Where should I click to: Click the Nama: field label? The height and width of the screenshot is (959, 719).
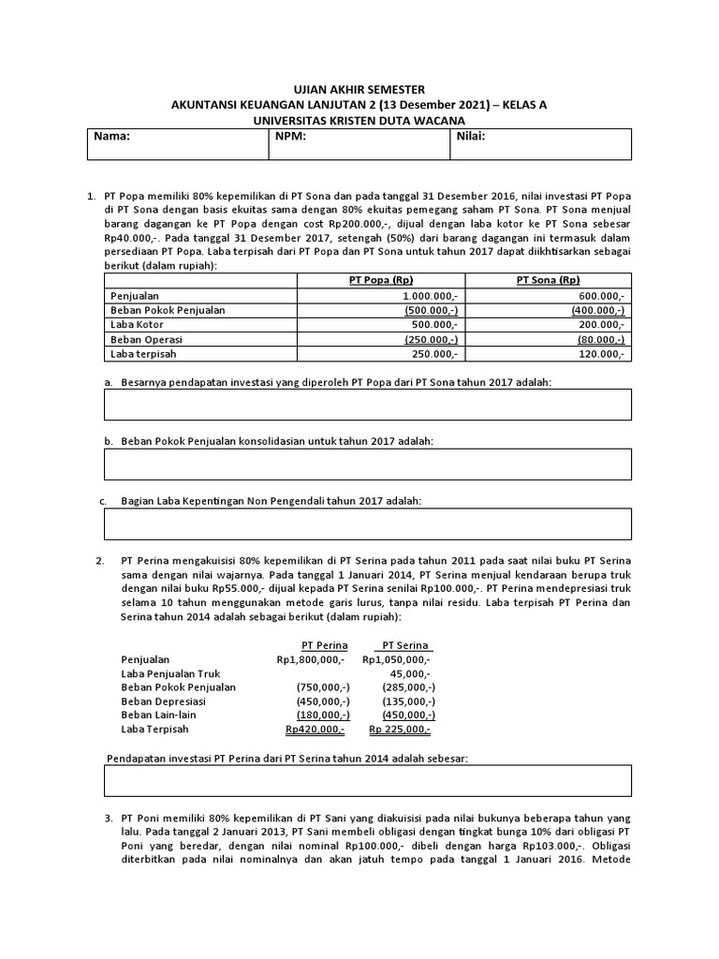tap(111, 136)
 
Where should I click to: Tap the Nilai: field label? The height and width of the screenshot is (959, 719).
tap(471, 136)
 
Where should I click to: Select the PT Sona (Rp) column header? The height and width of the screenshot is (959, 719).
tap(548, 280)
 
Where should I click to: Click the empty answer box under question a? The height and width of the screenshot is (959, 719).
tap(367, 405)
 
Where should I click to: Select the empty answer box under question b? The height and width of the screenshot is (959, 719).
tap(367, 464)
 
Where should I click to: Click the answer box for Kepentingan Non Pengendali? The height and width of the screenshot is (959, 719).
tap(367, 524)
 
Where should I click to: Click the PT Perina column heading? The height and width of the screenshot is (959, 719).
tap(324, 645)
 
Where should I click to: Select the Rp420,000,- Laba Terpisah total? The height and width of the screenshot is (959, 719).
tap(315, 730)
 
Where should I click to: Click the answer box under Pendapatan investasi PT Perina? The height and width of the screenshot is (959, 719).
tap(367, 780)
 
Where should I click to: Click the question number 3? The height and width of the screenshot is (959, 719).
tap(109, 819)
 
